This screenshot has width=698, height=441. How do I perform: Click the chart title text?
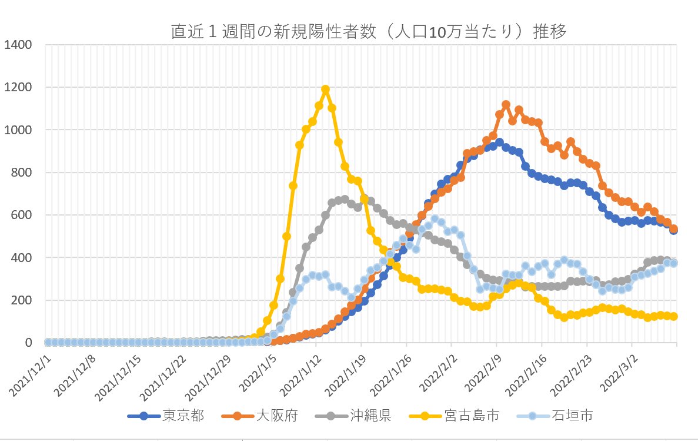(x=369, y=32)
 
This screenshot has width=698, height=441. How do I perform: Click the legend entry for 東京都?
(x=183, y=416)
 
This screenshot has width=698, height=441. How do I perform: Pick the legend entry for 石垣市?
(x=573, y=416)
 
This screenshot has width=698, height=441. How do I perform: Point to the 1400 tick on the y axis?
(x=20, y=45)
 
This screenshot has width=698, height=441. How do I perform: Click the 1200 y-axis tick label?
(x=20, y=87)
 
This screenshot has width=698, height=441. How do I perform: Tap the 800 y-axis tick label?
(x=24, y=173)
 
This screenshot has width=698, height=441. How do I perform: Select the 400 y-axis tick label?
(x=24, y=258)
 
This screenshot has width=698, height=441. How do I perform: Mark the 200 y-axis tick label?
(x=24, y=300)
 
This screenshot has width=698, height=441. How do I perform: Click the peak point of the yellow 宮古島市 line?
(x=325, y=89)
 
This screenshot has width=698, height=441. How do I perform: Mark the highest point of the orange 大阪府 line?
(x=506, y=105)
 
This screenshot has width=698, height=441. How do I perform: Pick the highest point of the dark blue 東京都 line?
(x=499, y=142)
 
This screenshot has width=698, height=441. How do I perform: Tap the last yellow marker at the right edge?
(x=674, y=316)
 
